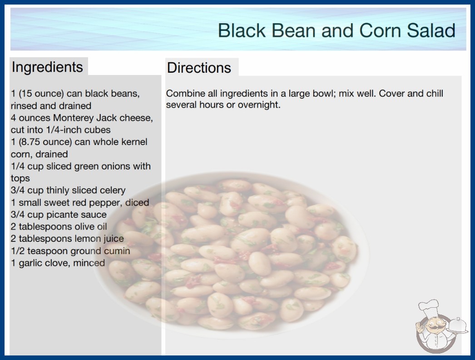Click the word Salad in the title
click(x=431, y=30)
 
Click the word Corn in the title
click(x=380, y=30)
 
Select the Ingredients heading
click(x=47, y=67)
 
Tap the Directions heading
click(x=199, y=68)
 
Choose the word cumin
click(x=117, y=251)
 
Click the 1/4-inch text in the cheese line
click(x=64, y=130)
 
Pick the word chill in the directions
click(x=435, y=94)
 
